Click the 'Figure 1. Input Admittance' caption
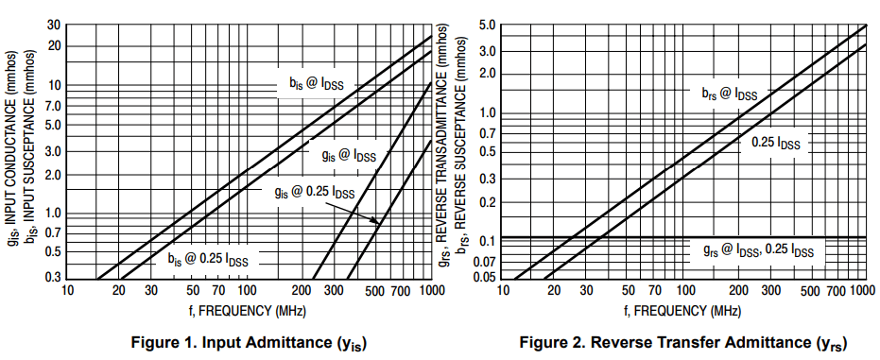(x=249, y=342)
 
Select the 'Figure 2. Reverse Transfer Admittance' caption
(x=686, y=342)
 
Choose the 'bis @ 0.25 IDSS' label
(x=208, y=258)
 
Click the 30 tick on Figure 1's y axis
(x=55, y=25)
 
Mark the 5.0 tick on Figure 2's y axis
(x=488, y=25)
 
